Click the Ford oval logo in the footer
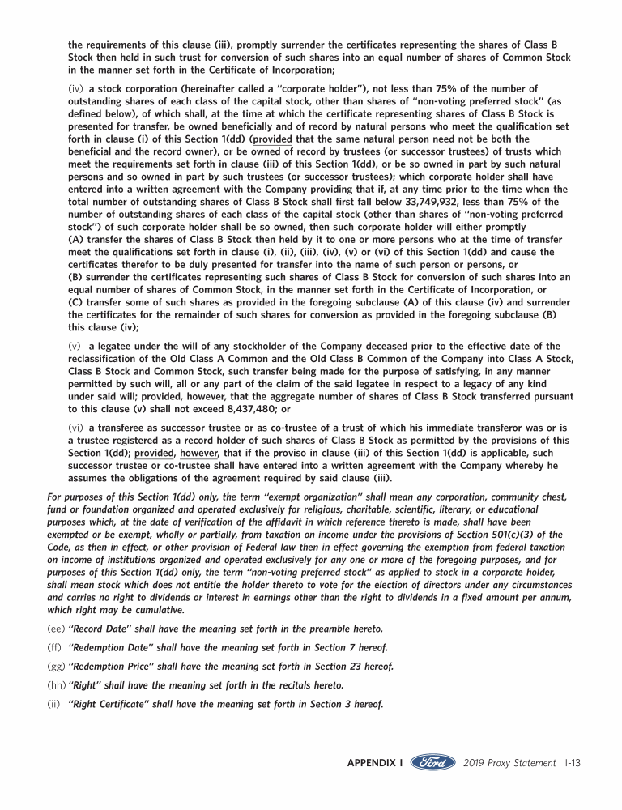pyautogui.click(x=432, y=763)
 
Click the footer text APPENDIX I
pyautogui.click(x=375, y=763)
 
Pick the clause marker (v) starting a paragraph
pyautogui.click(x=75, y=346)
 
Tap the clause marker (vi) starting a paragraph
pyautogui.click(x=76, y=427)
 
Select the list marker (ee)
pyautogui.click(x=57, y=629)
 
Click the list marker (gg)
pyautogui.click(x=57, y=666)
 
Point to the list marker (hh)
pyautogui.click(x=57, y=684)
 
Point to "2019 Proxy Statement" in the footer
pyautogui.click(x=509, y=763)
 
